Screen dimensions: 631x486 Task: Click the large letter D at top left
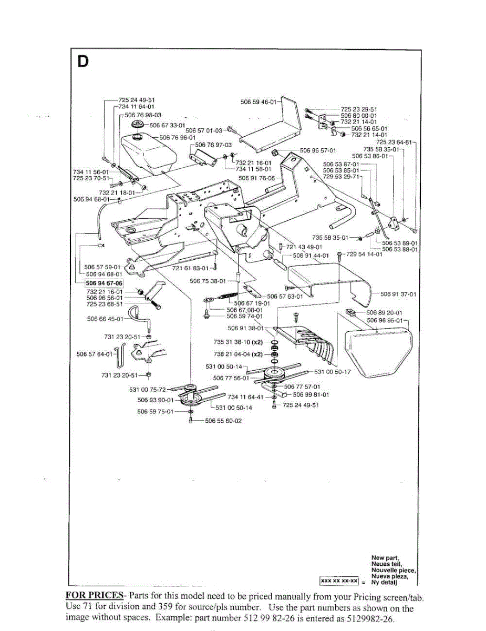pos(83,62)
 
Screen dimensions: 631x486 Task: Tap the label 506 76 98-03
pos(143,115)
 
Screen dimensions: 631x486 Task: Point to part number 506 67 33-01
pos(167,125)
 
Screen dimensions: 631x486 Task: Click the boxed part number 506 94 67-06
pos(104,283)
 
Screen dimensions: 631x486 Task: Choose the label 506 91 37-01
pos(398,294)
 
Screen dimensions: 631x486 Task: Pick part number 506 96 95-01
pos(384,320)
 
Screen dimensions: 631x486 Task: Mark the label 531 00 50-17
pos(332,372)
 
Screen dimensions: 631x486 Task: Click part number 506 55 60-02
pos(223,421)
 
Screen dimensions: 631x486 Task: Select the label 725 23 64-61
pos(395,142)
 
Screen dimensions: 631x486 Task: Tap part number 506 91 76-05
pos(256,178)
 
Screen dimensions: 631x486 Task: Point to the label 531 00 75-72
pos(147,390)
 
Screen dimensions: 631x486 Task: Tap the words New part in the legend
pos(385,557)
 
